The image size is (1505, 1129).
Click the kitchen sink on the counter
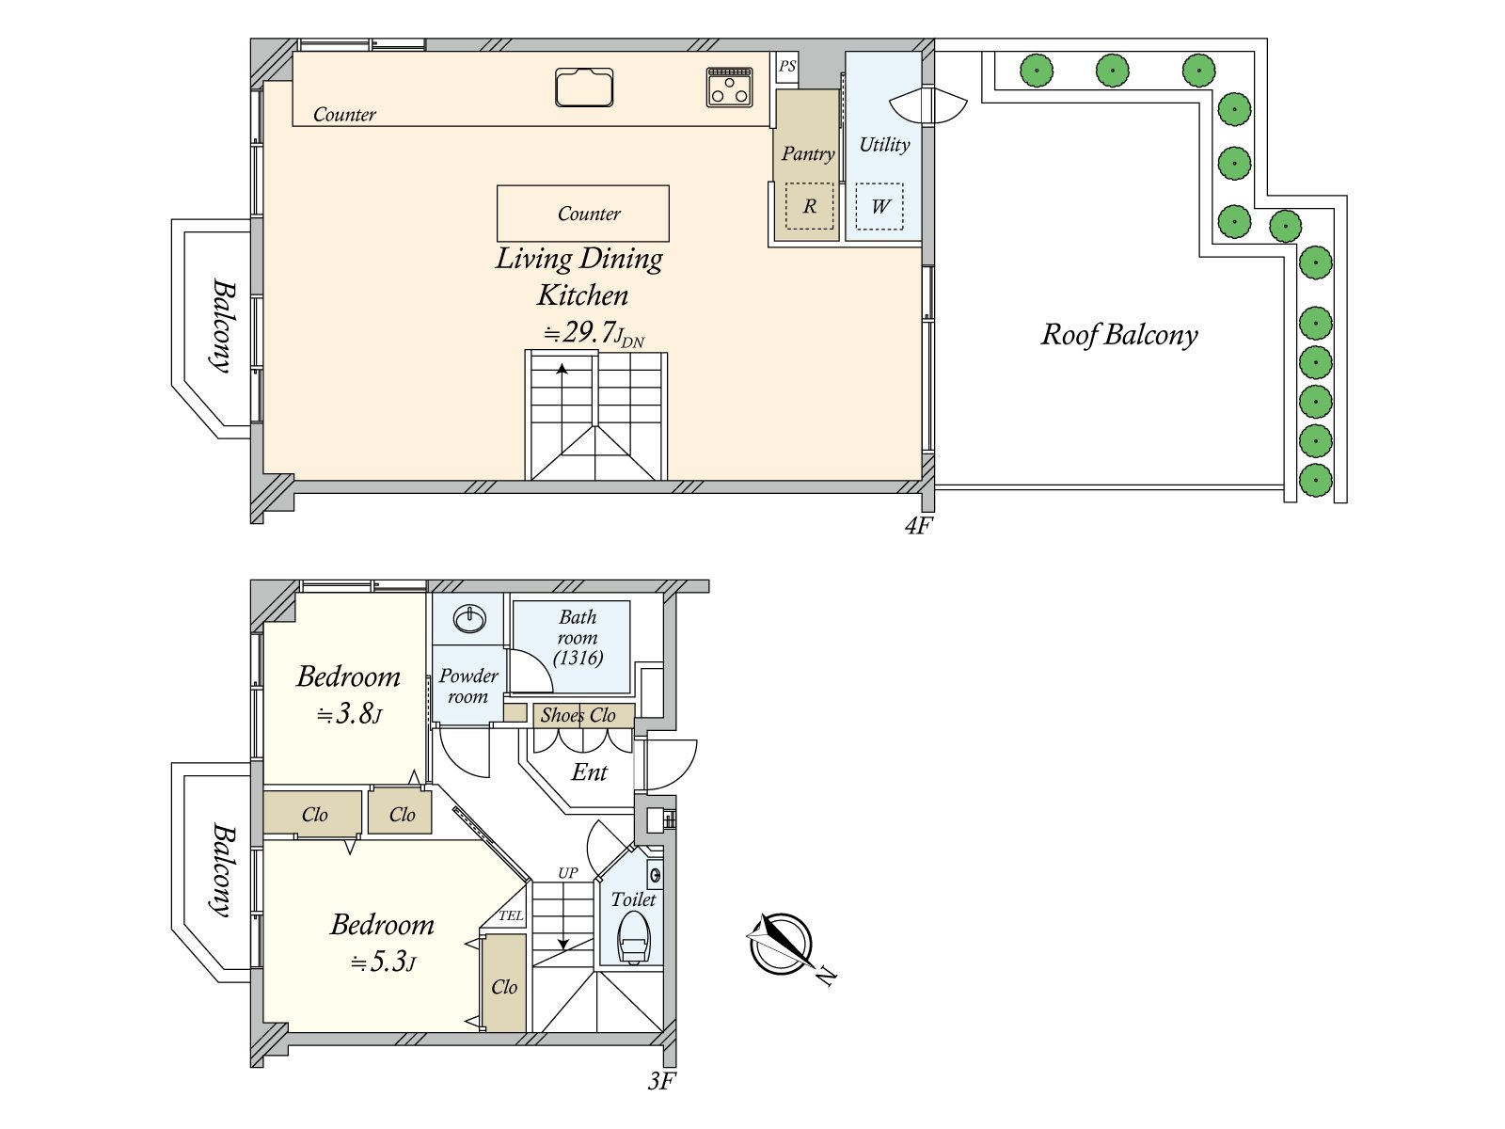[x=584, y=87]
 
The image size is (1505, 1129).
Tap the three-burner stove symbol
[x=729, y=87]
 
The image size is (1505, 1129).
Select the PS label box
[x=787, y=66]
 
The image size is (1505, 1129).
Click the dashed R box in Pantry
[x=809, y=206]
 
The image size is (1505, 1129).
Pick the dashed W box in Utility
[x=879, y=207]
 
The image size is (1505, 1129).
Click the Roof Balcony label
[x=1119, y=335]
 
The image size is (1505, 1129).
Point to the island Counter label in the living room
[x=589, y=214]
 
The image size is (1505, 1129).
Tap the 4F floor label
[x=918, y=526]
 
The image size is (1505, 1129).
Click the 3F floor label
[x=661, y=1081]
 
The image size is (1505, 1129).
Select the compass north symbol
[x=782, y=944]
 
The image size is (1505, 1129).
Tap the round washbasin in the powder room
[x=469, y=618]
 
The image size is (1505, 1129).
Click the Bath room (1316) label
[x=578, y=638]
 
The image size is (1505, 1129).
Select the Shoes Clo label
[x=578, y=715]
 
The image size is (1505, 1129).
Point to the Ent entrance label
[x=590, y=772]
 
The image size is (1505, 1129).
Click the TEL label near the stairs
[x=511, y=915]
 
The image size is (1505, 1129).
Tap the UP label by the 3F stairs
[x=567, y=873]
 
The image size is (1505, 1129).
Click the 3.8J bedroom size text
[x=349, y=714]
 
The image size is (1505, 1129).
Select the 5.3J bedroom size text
[x=383, y=962]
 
